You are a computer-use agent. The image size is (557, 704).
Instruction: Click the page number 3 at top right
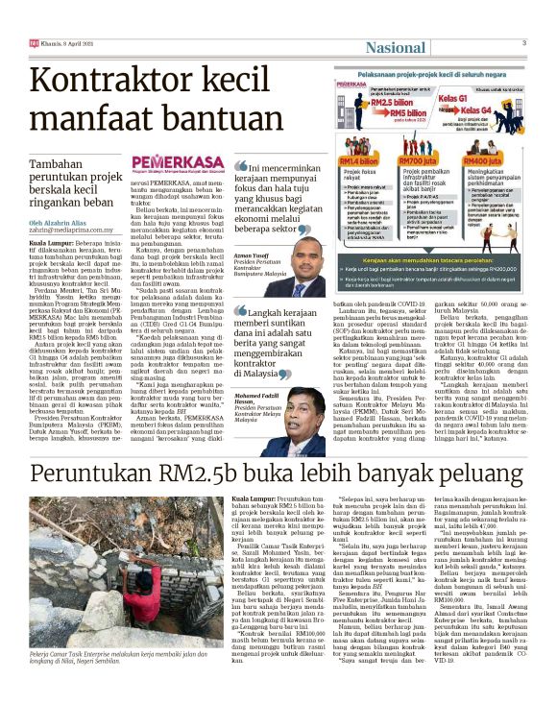(x=523, y=43)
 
